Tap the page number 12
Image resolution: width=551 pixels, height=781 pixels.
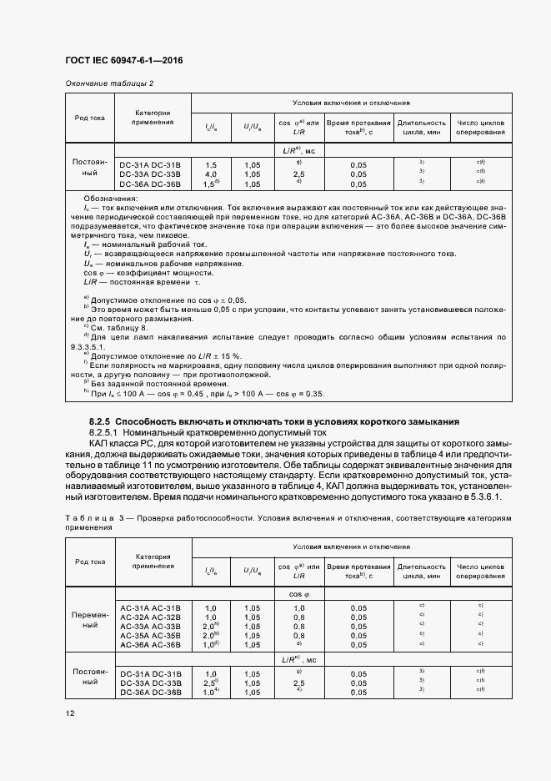click(x=70, y=712)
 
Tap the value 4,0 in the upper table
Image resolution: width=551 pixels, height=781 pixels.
click(x=211, y=174)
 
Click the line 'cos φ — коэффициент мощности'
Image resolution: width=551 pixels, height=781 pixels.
click(x=132, y=273)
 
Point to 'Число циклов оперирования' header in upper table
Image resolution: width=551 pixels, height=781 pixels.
click(x=480, y=127)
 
